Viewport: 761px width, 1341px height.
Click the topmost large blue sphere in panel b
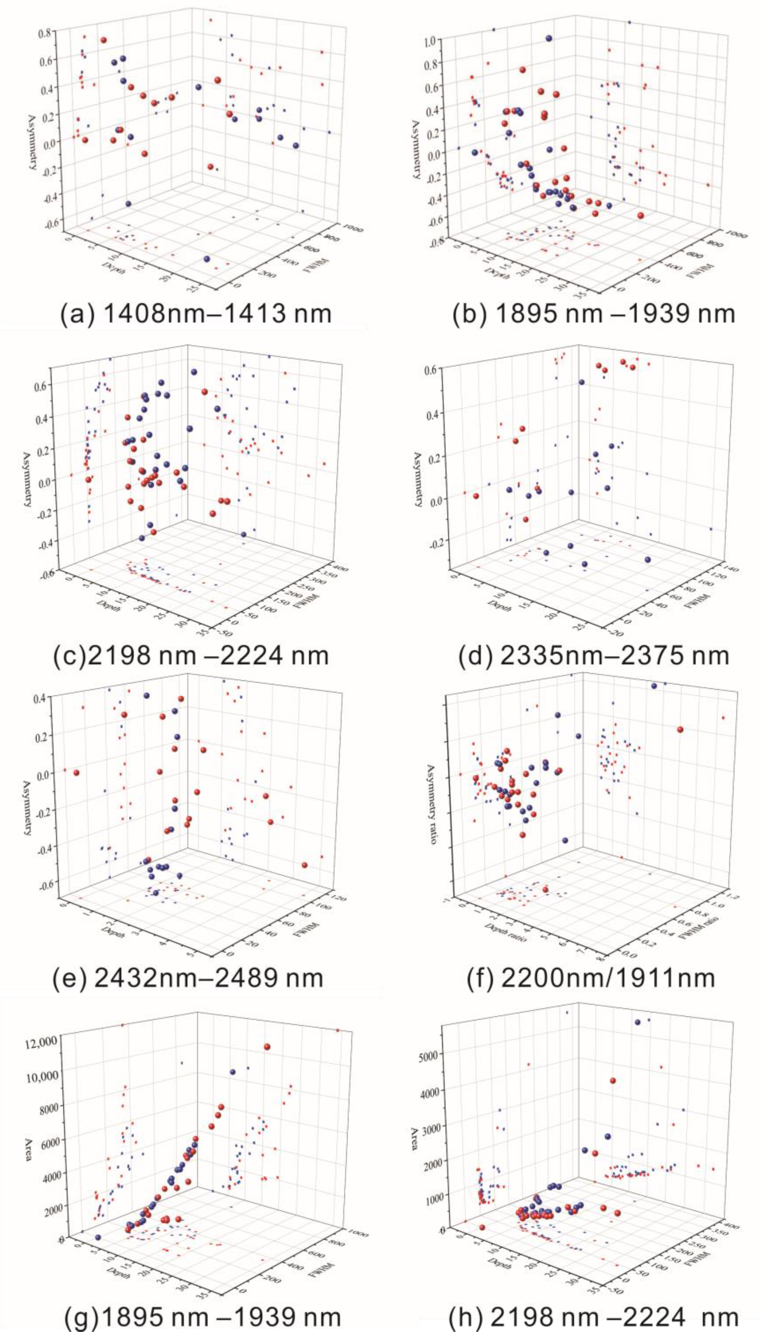point(548,38)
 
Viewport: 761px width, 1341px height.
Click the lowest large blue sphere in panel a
point(207,259)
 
